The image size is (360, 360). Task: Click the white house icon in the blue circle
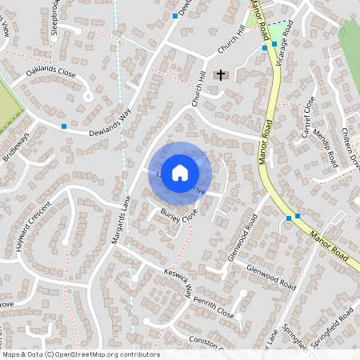180,172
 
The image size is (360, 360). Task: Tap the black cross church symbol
221,74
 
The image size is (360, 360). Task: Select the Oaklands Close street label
50,73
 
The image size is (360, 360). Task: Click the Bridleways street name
15,146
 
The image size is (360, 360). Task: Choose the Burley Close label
178,214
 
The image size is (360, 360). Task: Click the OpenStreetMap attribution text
80,354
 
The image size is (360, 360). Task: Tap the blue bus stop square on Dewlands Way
64,126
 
